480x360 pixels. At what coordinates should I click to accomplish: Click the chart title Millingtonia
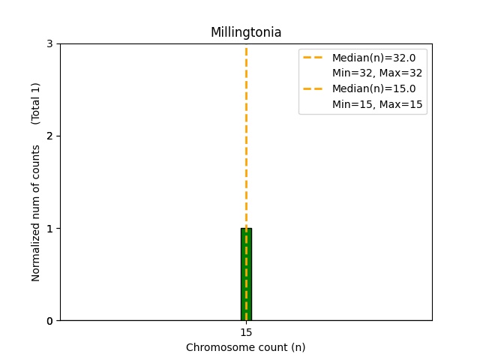coord(246,32)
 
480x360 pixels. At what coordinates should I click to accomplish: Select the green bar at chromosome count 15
coord(246,274)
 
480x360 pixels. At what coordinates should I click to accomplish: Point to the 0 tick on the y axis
coord(50,321)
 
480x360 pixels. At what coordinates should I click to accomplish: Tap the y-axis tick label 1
coord(50,229)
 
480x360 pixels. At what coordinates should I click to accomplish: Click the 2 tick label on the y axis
coord(50,136)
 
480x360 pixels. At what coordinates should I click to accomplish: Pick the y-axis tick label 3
coord(50,44)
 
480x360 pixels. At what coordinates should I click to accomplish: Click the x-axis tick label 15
coord(246,332)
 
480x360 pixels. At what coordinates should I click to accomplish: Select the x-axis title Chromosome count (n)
coord(246,347)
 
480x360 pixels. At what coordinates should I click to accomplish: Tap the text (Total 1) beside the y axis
coord(36,103)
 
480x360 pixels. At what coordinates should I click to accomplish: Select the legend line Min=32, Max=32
coord(377,73)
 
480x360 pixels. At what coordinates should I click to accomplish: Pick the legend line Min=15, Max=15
coord(377,104)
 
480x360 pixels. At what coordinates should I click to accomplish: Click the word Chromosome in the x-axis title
coord(214,347)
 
